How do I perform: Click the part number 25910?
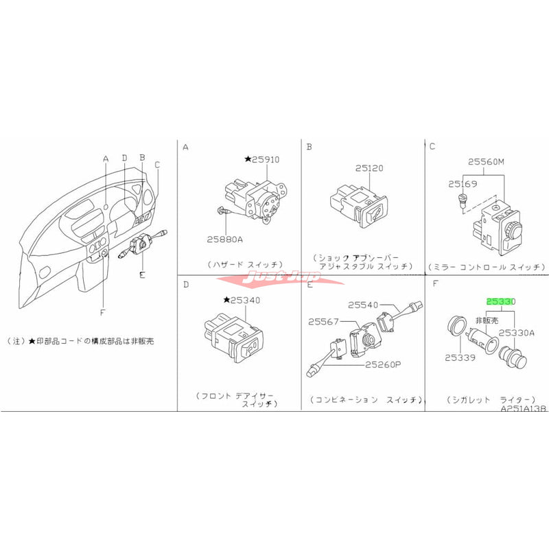[x=266, y=159]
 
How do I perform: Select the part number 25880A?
[x=225, y=240]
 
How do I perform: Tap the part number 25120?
[x=371, y=167]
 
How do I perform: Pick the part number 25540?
[x=363, y=304]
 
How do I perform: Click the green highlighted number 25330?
[x=501, y=301]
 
